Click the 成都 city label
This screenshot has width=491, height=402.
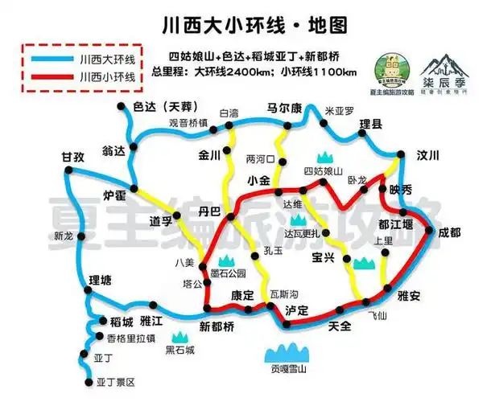pos(450,232)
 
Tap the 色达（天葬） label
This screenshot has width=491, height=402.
pos(163,107)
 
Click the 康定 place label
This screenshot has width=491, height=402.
pos(243,296)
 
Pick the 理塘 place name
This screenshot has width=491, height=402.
pos(101,280)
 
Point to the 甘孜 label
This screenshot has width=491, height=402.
pos(72,158)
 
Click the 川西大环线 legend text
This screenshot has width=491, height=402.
pos(108,59)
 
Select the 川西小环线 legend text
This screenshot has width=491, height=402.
pos(108,77)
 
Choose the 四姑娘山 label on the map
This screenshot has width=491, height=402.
pos(323,171)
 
